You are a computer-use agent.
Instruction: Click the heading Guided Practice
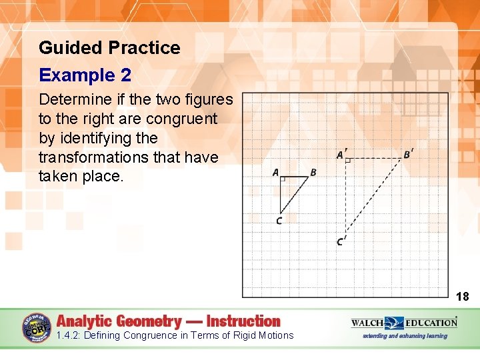tap(109, 48)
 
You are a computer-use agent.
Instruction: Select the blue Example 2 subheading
tap(85, 75)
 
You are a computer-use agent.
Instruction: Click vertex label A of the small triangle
tap(275, 173)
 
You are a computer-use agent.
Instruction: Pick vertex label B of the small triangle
tap(313, 173)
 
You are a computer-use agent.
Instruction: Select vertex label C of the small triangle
tap(279, 221)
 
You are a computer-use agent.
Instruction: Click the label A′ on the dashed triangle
tap(341, 155)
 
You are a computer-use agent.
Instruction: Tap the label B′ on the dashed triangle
tap(408, 155)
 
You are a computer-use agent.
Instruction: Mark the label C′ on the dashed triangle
tap(341, 241)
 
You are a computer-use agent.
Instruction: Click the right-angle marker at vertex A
tap(283, 179)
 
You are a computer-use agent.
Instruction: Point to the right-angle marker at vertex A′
tap(348, 161)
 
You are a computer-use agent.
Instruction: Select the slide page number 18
tap(462, 297)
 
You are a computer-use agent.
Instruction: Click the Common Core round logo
tap(37, 327)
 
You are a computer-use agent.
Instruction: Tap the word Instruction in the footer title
tap(243, 321)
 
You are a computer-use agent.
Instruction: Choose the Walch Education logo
tap(404, 323)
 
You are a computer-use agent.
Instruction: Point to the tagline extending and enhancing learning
tap(404, 336)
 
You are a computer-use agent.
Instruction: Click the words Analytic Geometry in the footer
tap(118, 321)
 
